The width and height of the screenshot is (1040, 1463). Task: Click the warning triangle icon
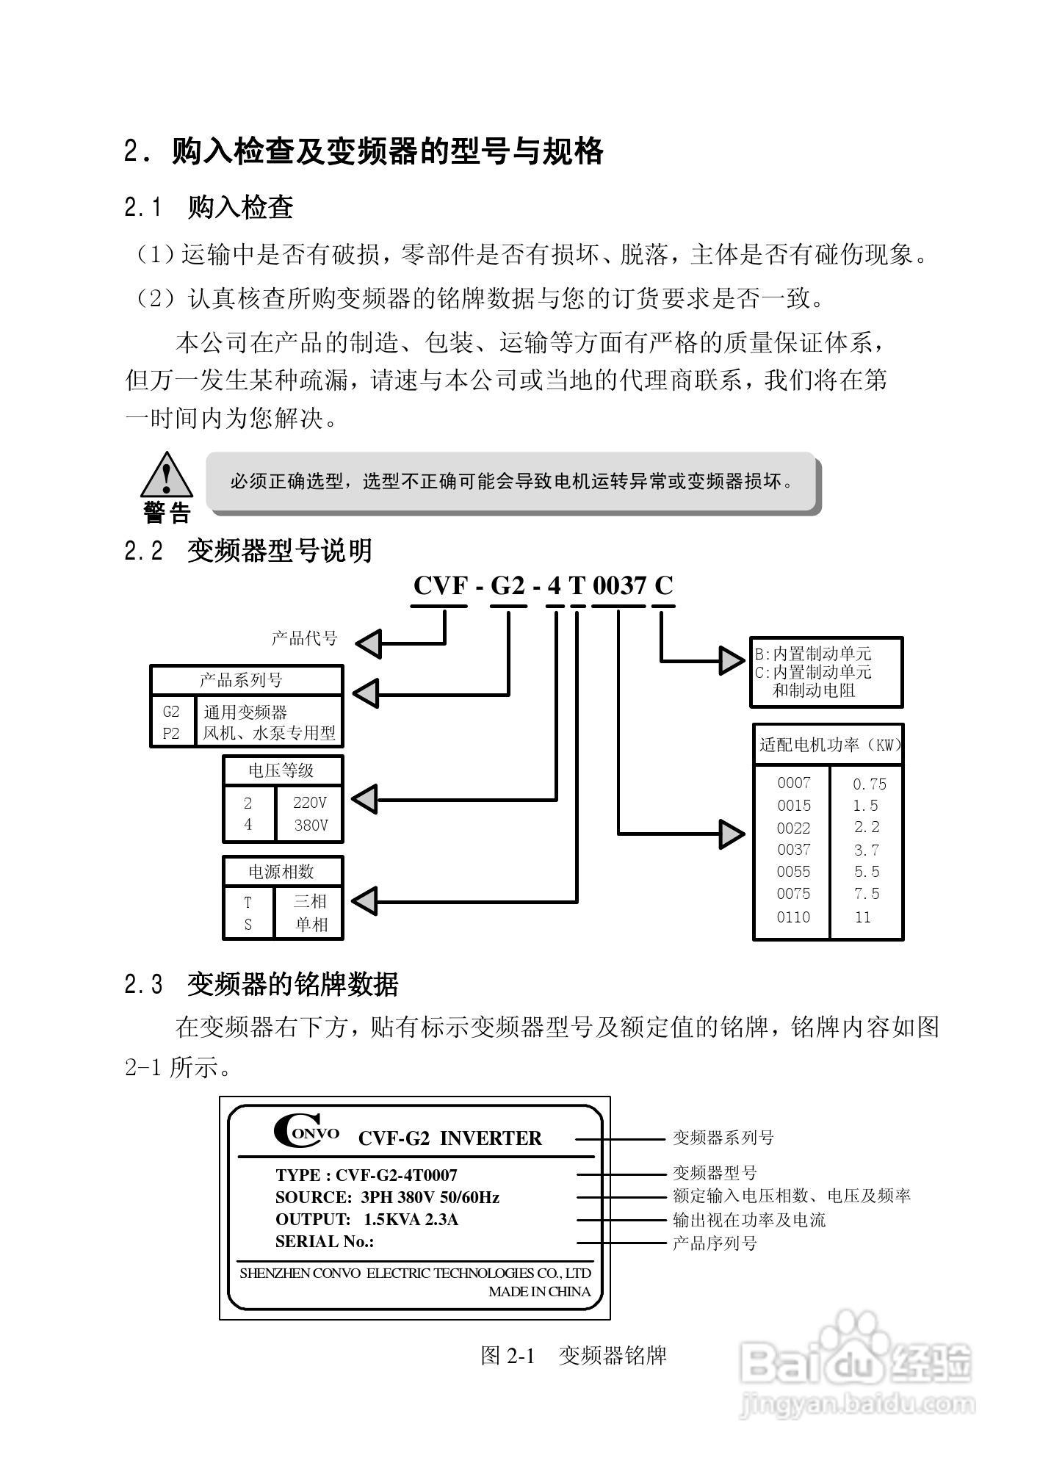pyautogui.click(x=167, y=476)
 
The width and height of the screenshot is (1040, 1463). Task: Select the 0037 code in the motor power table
pyautogui.click(x=793, y=850)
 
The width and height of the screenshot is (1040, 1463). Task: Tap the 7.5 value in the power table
pyautogui.click(x=866, y=894)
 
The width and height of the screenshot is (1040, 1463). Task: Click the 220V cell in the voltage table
pyautogui.click(x=310, y=803)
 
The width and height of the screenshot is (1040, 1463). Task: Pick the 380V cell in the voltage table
pyautogui.click(x=310, y=826)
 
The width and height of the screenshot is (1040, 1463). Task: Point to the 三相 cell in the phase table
pyautogui.click(x=310, y=901)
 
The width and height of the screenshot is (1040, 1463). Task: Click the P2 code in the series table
pyautogui.click(x=171, y=733)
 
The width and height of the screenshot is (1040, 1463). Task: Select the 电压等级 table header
pyautogui.click(x=281, y=770)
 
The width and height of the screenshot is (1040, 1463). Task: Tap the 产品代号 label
pyautogui.click(x=304, y=638)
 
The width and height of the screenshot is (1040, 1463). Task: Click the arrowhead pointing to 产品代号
pyautogui.click(x=369, y=644)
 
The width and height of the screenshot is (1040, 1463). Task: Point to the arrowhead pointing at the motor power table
pyautogui.click(x=732, y=834)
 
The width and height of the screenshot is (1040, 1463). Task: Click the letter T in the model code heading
pyautogui.click(x=577, y=586)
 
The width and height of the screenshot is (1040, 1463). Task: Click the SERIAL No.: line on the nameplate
pyautogui.click(x=325, y=1242)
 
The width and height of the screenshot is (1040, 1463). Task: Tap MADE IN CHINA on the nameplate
pyautogui.click(x=539, y=1292)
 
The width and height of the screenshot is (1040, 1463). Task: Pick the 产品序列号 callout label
pyautogui.click(x=715, y=1243)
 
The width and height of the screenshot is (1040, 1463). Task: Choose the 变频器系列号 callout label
pyautogui.click(x=723, y=1138)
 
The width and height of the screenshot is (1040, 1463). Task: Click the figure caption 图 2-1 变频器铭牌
pyautogui.click(x=573, y=1355)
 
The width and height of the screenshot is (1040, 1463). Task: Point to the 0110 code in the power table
pyautogui.click(x=793, y=917)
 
